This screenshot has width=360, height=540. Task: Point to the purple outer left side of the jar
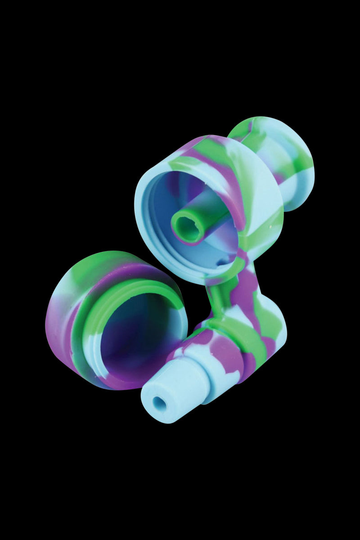pos(56,324)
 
